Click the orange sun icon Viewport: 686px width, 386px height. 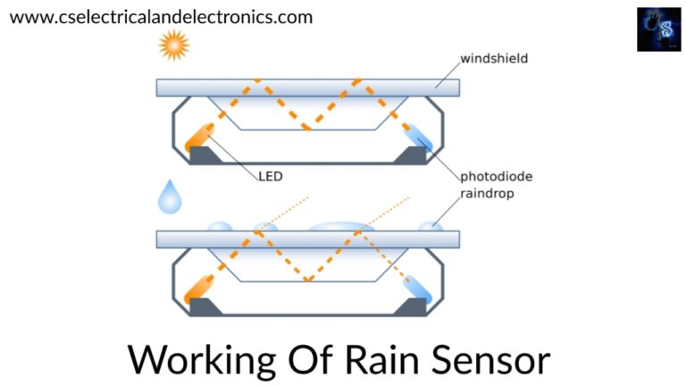(x=174, y=45)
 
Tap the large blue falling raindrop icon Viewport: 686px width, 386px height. (x=170, y=197)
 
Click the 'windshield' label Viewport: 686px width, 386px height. (x=494, y=58)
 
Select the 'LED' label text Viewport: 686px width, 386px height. (x=271, y=176)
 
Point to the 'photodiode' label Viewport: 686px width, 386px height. (x=496, y=176)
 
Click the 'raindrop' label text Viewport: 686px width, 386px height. (x=487, y=193)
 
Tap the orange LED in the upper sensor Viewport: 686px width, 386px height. (x=199, y=138)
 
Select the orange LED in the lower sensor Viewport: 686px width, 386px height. (x=199, y=289)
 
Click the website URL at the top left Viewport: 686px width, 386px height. (x=161, y=17)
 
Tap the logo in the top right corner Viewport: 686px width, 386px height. (x=659, y=29)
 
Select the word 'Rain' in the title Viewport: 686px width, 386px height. (x=382, y=359)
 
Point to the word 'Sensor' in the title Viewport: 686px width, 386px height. (x=491, y=360)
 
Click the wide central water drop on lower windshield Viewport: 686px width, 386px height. (x=342, y=227)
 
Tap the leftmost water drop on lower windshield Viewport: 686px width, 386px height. (x=220, y=227)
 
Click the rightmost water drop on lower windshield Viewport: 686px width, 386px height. (x=431, y=227)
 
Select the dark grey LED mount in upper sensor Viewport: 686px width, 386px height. (x=204, y=155)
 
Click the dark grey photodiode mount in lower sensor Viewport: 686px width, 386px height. (x=412, y=306)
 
